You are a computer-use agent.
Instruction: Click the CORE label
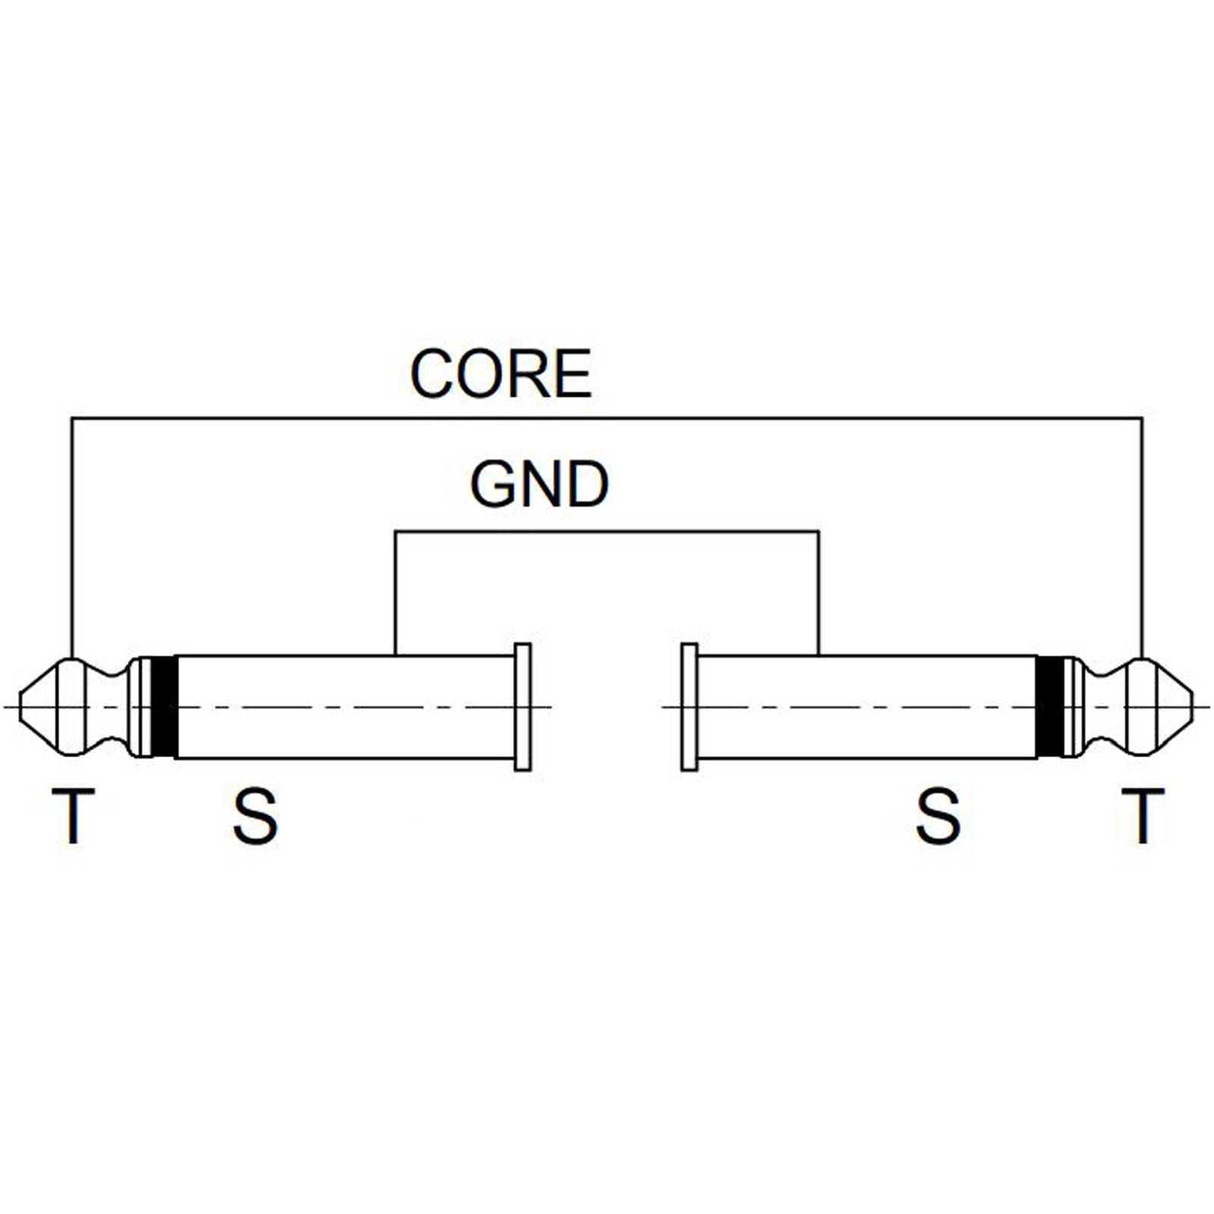coord(501,373)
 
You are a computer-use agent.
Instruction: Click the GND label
coord(539,485)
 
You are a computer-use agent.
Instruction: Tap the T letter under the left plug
coord(73,816)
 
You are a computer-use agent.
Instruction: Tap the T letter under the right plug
coord(1143,816)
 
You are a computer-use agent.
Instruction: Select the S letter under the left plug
coord(255,816)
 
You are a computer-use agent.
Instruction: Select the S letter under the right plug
coord(938,816)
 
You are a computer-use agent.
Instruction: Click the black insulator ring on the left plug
coord(164,706)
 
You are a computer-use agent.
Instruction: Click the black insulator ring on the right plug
coord(1050,706)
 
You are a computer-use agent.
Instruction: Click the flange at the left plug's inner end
coord(523,706)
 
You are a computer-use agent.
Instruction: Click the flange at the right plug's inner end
coord(689,706)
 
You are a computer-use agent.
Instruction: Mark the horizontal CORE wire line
coord(607,417)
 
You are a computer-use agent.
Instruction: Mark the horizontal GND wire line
coord(607,532)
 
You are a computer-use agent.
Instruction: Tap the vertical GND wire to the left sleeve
coord(395,592)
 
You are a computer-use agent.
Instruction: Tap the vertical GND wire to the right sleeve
coord(818,592)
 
